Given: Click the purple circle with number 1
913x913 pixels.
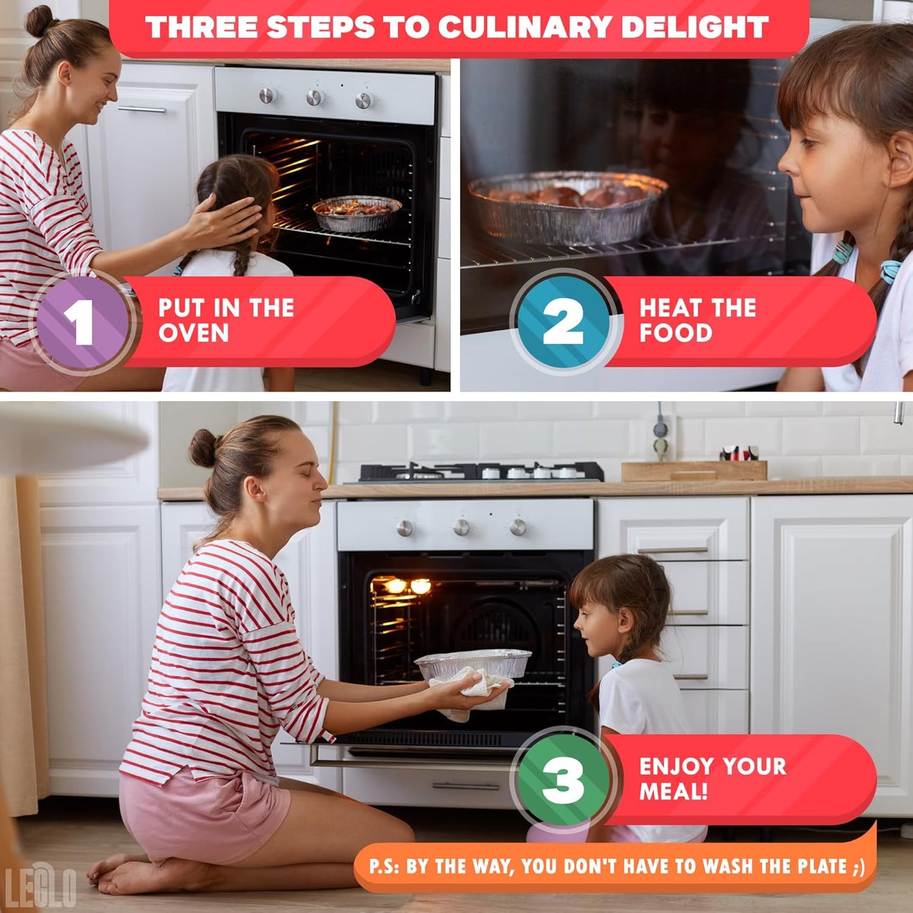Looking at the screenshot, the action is click(x=82, y=322).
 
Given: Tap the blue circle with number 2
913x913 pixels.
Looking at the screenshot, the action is click(x=563, y=322).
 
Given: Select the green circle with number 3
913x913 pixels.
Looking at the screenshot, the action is click(x=563, y=780).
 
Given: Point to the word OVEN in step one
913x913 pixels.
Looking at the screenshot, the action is click(x=193, y=332).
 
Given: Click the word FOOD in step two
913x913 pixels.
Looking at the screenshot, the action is click(x=675, y=332).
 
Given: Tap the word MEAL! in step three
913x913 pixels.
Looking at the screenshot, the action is click(x=674, y=791).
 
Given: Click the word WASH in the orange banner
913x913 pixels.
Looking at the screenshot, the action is click(x=729, y=867).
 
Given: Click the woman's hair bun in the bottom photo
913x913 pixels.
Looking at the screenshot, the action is click(x=203, y=448).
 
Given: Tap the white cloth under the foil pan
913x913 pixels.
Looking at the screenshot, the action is click(x=469, y=692).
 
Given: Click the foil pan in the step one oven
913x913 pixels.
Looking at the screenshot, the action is click(x=357, y=213).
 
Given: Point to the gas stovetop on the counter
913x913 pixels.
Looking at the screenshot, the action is click(x=480, y=472).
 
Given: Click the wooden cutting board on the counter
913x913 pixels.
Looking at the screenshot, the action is click(x=694, y=471).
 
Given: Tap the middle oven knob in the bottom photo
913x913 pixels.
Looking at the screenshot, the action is click(x=461, y=527).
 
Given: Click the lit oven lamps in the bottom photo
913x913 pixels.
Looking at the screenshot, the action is click(x=408, y=586).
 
